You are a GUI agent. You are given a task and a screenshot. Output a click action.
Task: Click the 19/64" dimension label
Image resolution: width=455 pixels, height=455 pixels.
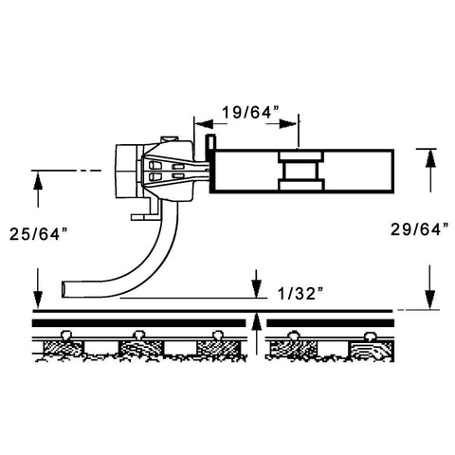tap(250, 112)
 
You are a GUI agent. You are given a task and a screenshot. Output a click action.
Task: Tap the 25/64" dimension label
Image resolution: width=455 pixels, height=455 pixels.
tap(39, 234)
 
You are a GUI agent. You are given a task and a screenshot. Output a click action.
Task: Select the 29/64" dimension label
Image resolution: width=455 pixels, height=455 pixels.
tap(420, 229)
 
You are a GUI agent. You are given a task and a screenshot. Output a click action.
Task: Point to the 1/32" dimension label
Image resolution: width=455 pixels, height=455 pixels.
tap(300, 294)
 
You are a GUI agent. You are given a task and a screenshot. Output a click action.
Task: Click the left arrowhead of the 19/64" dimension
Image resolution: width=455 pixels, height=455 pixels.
tap(204, 123)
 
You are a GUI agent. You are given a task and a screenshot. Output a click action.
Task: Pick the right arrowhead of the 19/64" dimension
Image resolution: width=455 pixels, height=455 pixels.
tap(288, 123)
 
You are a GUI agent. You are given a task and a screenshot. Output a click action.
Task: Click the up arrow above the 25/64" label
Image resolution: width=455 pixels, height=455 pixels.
tap(38, 189)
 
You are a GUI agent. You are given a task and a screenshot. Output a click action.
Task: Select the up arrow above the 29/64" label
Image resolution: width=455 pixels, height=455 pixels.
tap(430, 171)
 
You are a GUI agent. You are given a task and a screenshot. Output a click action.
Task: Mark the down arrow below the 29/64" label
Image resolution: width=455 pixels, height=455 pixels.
tap(430, 287)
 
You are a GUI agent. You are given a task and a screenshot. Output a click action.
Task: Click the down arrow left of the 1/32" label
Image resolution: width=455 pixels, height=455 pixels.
tap(257, 283)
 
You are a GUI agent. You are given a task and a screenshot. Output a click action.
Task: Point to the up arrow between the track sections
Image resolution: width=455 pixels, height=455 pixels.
tap(257, 334)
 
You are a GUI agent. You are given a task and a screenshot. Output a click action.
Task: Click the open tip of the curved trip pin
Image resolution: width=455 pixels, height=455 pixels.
tap(64, 289)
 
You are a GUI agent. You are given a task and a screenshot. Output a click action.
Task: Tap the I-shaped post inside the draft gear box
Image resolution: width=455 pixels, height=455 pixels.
tap(300, 171)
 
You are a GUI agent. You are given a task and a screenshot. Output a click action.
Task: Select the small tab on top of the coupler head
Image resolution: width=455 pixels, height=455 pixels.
tap(170, 139)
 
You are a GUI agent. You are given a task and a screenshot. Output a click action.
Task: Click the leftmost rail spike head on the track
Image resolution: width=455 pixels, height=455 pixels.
tap(66, 335)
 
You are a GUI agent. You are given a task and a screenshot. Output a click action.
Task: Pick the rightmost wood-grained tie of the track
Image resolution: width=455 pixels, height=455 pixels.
tap(371, 352)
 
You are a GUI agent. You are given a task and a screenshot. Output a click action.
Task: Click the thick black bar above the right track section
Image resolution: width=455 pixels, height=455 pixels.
tap(330, 323)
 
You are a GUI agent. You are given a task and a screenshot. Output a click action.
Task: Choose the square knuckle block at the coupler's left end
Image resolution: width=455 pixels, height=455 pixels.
tap(126, 172)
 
